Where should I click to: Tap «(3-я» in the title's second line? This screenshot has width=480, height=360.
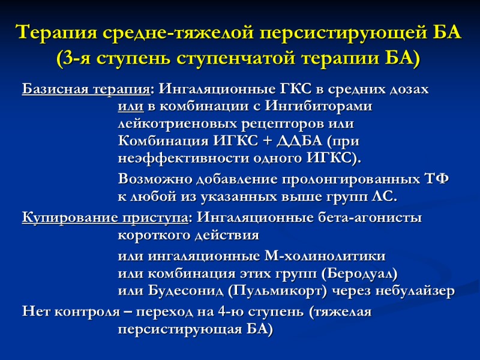point(74,59)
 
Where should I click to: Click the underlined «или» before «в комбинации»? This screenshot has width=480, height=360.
point(130,107)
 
